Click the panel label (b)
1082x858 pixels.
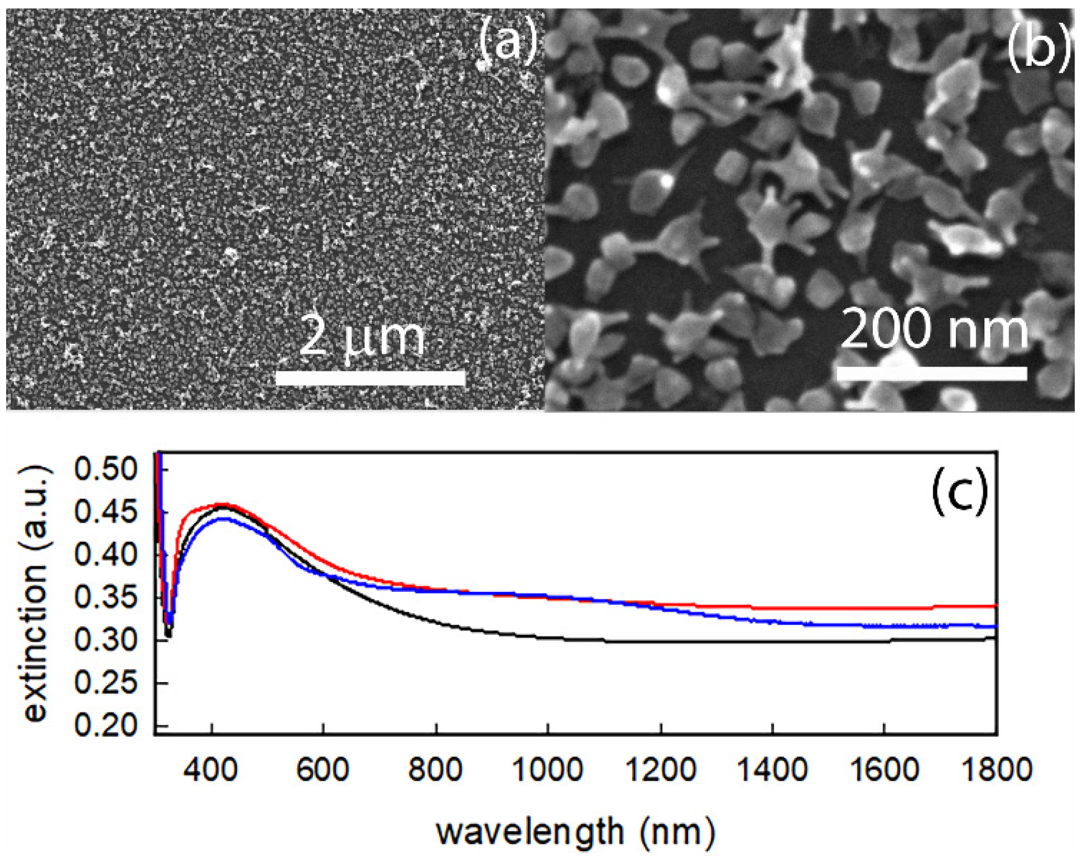(x=1038, y=48)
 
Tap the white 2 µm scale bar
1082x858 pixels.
(x=371, y=378)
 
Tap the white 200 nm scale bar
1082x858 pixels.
(x=932, y=373)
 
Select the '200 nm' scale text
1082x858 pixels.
(x=934, y=329)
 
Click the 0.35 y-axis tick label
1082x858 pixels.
(x=105, y=597)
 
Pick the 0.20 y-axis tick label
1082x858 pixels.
(x=105, y=726)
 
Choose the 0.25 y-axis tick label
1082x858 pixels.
(x=105, y=683)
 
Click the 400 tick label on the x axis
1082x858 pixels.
(x=211, y=770)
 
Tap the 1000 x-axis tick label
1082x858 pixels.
(x=548, y=770)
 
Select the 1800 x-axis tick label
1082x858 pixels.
(x=997, y=770)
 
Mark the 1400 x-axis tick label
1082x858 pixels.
(x=772, y=770)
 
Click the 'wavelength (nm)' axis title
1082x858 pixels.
(x=575, y=832)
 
